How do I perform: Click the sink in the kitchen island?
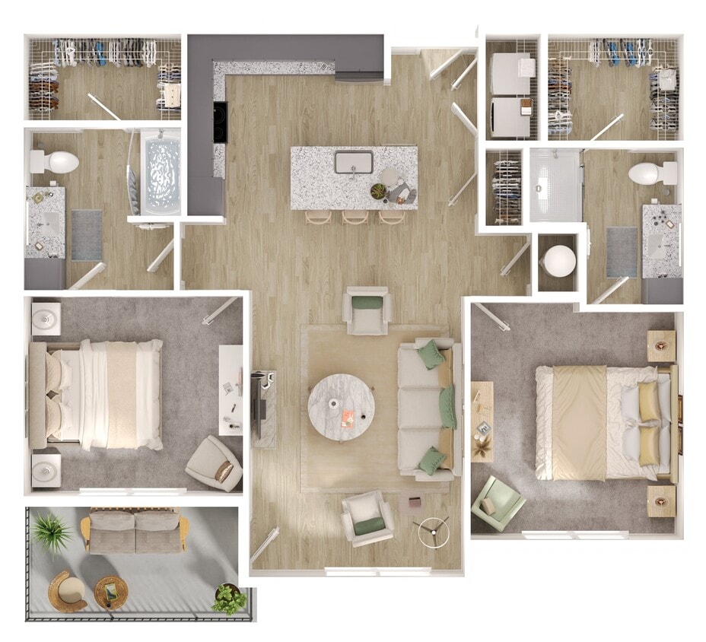pos(354,162)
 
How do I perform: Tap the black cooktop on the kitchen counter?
pos(220,122)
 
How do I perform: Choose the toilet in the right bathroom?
pos(651,173)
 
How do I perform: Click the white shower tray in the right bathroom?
pos(556,184)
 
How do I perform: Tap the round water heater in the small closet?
pos(559,262)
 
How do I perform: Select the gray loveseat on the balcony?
pos(135,531)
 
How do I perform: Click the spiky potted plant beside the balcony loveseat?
pos(53,530)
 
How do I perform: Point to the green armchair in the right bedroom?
pos(497,503)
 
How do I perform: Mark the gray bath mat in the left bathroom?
pos(87,235)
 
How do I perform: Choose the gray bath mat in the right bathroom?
pos(622,252)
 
